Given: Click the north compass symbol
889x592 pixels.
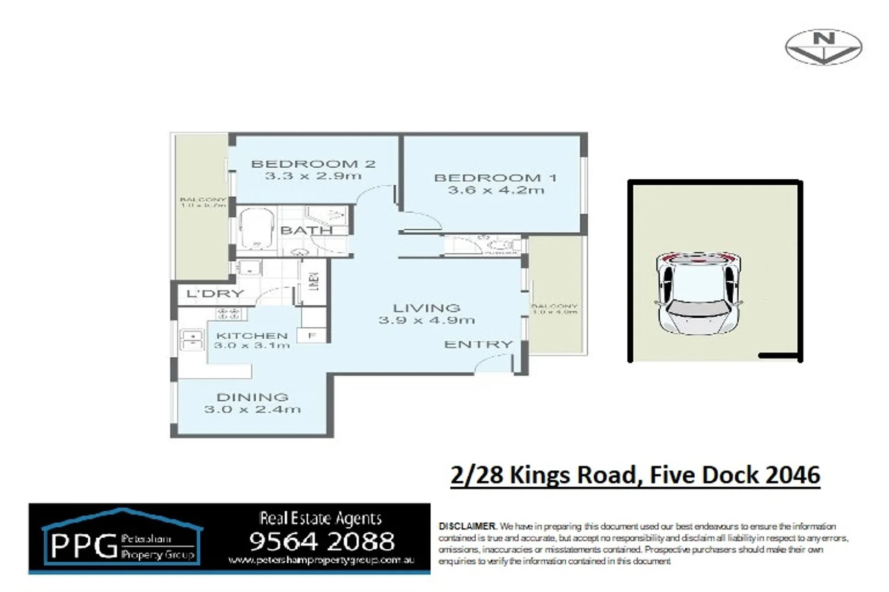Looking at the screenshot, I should coord(823,47).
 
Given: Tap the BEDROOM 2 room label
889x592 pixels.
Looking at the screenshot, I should coord(313,164).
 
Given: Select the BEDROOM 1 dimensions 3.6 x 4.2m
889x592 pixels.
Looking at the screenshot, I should coord(496,191).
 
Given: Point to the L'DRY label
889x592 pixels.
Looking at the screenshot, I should coord(215,294).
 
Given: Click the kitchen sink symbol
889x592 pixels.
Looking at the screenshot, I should coord(192,339).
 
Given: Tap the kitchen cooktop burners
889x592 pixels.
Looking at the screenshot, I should coord(229,314).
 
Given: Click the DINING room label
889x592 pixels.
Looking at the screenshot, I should coord(252,397).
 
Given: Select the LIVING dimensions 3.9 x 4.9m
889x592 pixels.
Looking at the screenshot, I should coord(426,320).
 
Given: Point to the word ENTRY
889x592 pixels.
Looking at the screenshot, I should coord(478,345).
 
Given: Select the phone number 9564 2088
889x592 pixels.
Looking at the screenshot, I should coord(322,542).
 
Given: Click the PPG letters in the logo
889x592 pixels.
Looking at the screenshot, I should coord(83,546).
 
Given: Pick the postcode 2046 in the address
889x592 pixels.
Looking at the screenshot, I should coord(792,475).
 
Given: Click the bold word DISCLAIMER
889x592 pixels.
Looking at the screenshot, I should coord(467,526).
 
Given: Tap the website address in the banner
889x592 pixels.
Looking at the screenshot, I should coord(321,560).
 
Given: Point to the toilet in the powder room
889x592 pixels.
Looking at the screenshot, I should coord(500,245).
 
